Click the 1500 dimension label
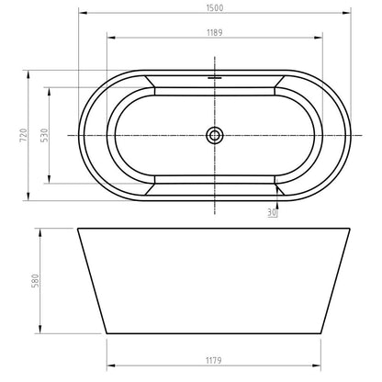click(215, 8)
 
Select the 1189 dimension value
click(215, 32)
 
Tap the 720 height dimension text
click(24, 135)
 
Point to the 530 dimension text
click(45, 135)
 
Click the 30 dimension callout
click(272, 212)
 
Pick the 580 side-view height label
click(36, 281)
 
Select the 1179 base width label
click(213, 361)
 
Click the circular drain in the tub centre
click(215, 135)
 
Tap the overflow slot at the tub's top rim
click(215, 78)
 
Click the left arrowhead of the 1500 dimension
click(83, 13)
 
